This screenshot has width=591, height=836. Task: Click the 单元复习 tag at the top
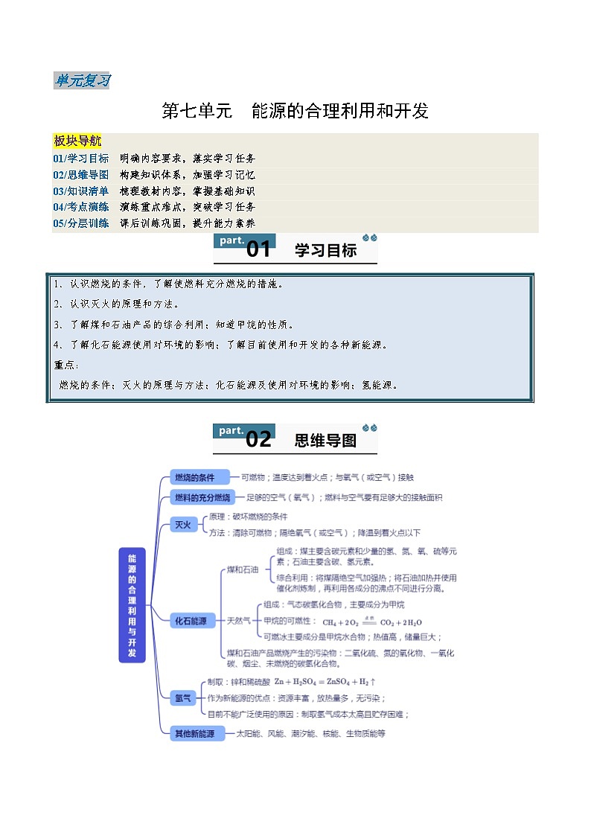(x=82, y=80)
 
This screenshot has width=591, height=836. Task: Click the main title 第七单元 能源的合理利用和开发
(x=295, y=112)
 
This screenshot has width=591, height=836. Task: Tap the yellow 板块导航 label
(x=77, y=141)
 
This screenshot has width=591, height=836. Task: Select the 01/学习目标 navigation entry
(x=80, y=159)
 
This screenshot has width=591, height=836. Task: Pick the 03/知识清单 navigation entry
(x=80, y=191)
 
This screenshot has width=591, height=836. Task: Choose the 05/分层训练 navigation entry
(x=80, y=223)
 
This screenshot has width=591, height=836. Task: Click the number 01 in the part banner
(x=258, y=249)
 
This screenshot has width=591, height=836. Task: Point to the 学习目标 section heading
(x=325, y=250)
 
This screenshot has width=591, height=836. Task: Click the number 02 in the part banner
(x=258, y=439)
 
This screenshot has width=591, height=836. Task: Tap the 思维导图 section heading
(x=325, y=440)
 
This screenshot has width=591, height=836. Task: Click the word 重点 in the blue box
(x=66, y=365)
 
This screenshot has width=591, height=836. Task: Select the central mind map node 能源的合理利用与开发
(x=132, y=605)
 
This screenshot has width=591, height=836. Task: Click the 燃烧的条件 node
(x=194, y=477)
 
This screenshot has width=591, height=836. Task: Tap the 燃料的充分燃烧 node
(x=202, y=497)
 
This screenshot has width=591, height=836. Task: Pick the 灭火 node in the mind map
(x=183, y=525)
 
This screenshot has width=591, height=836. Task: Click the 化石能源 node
(x=191, y=620)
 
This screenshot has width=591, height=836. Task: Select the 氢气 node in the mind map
(x=183, y=698)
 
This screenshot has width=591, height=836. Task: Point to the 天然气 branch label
(x=239, y=620)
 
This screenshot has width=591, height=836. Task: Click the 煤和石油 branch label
(x=243, y=569)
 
